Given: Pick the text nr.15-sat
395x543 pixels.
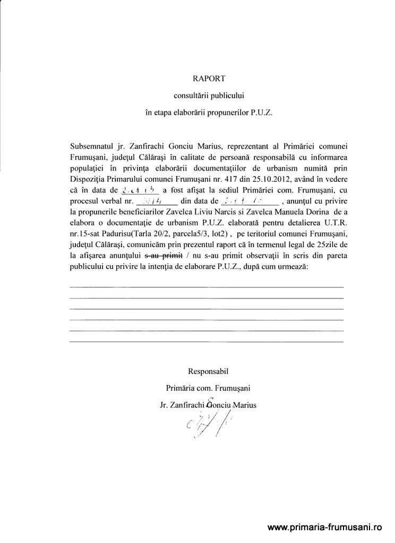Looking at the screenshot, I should (x=87, y=246).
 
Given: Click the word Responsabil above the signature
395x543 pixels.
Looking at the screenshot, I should (x=208, y=371).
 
